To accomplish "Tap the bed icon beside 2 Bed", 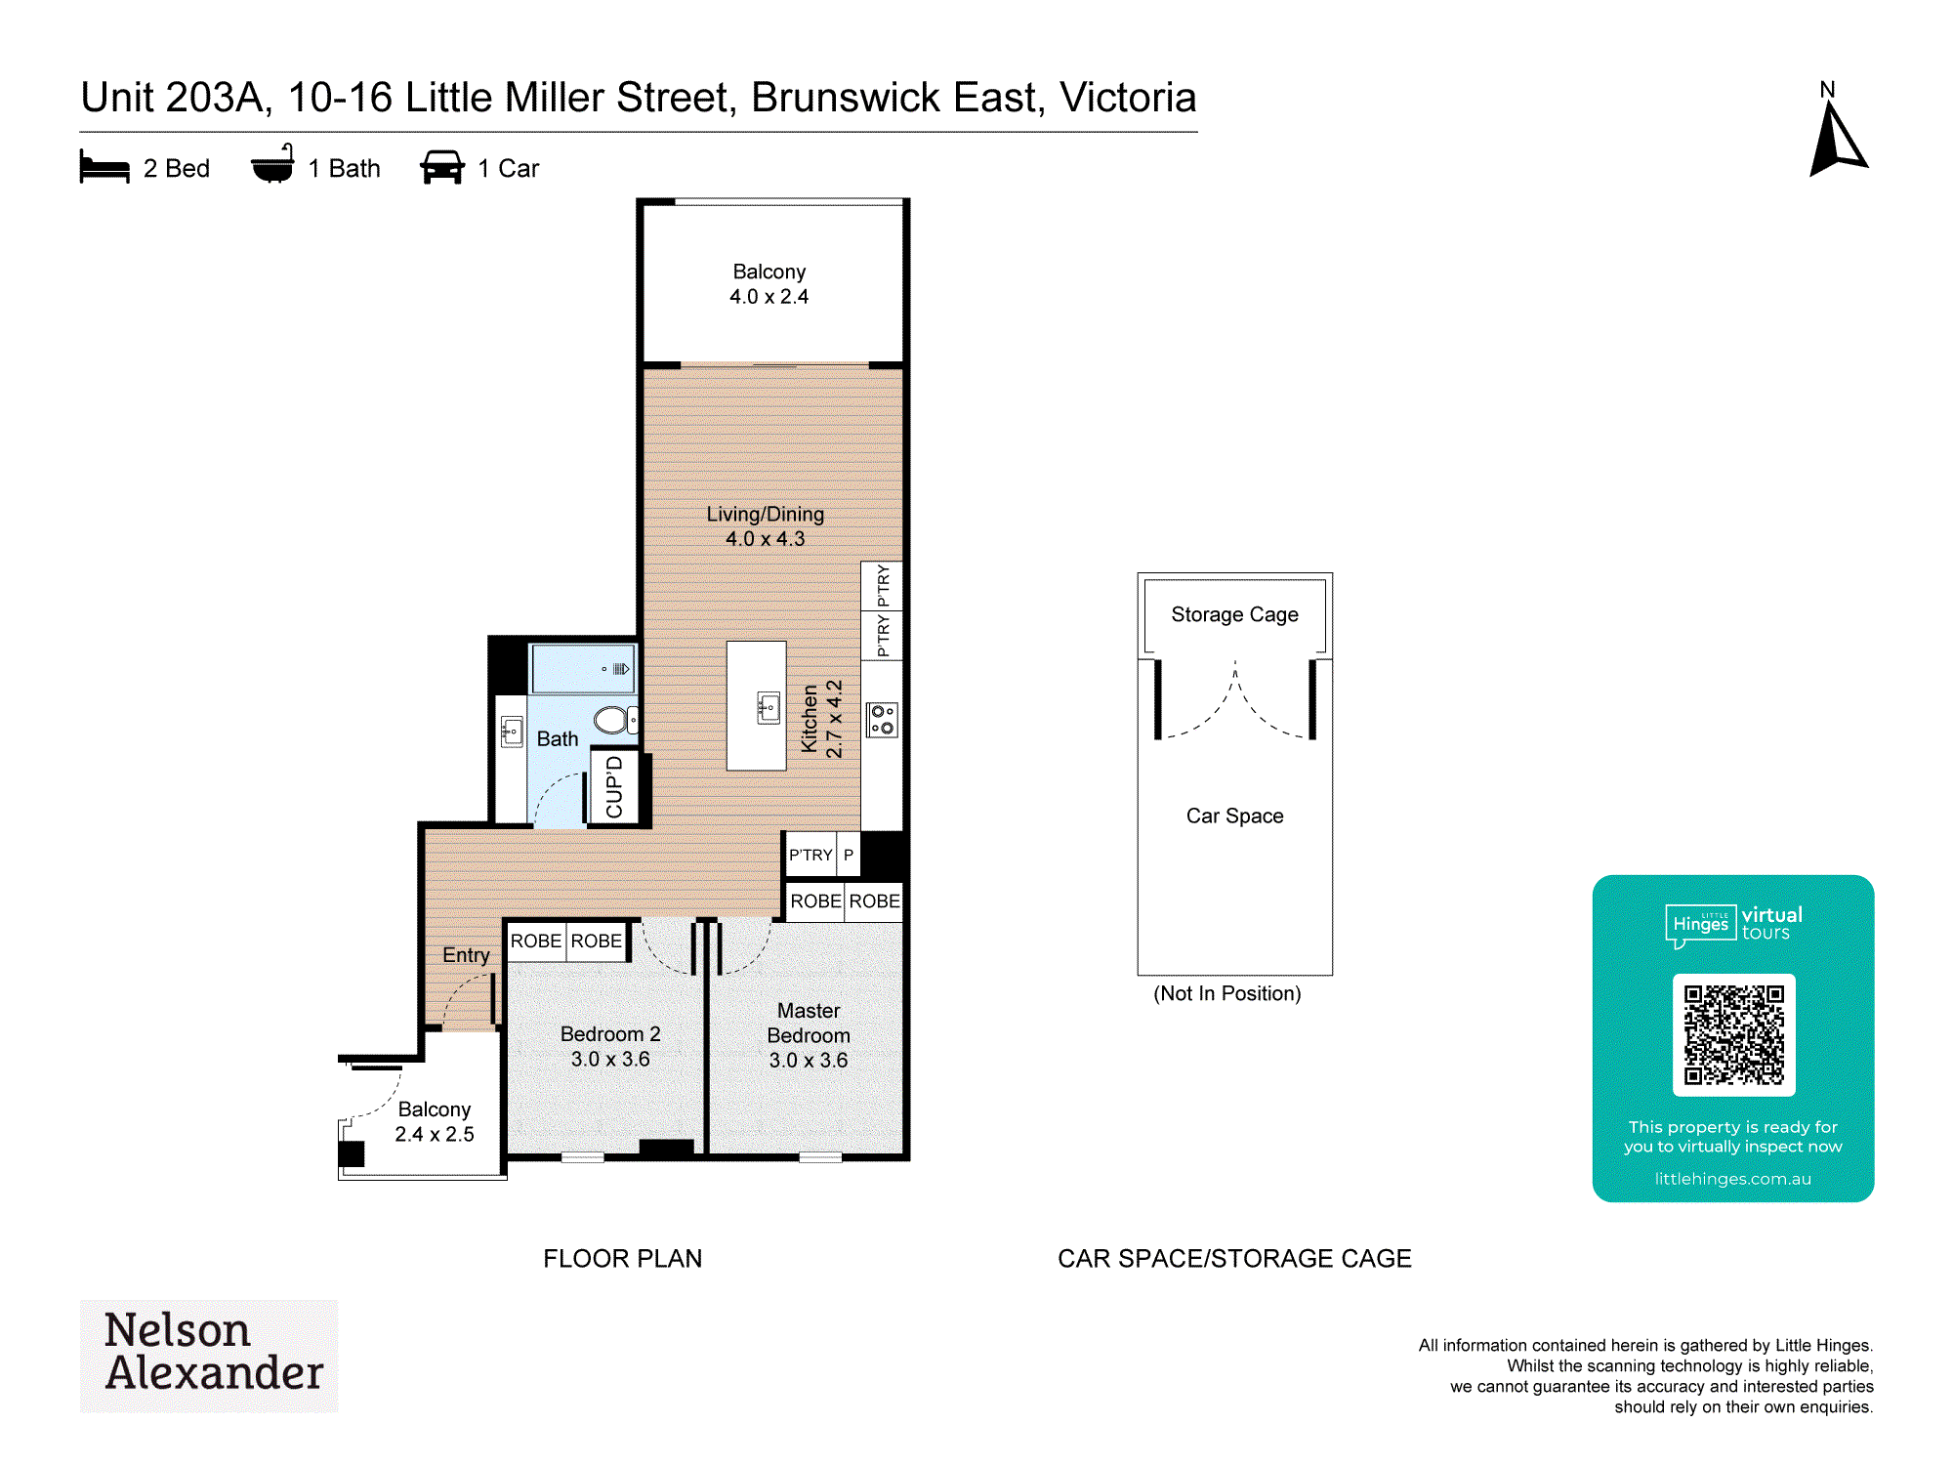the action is pyautogui.click(x=104, y=167).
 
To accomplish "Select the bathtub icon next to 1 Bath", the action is pyautogui.click(x=272, y=164).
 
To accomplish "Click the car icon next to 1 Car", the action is pyautogui.click(x=442, y=167).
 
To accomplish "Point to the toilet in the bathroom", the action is pyautogui.click(x=616, y=720).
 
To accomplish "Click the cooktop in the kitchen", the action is pyautogui.click(x=882, y=720).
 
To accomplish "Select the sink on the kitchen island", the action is pyautogui.click(x=769, y=707).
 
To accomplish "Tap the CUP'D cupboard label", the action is pyautogui.click(x=614, y=787).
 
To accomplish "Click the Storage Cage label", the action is pyautogui.click(x=1234, y=614).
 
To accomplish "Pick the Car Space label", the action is pyautogui.click(x=1234, y=816).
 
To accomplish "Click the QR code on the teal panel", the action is pyautogui.click(x=1733, y=1034).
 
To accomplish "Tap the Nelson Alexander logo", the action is pyautogui.click(x=209, y=1355).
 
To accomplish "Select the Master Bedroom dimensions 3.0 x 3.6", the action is pyautogui.click(x=808, y=1060).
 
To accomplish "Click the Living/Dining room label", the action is pyautogui.click(x=765, y=514).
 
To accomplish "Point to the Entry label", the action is pyautogui.click(x=466, y=955).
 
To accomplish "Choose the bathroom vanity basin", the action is pyautogui.click(x=512, y=732).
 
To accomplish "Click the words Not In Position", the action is pyautogui.click(x=1226, y=993).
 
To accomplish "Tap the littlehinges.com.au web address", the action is pyautogui.click(x=1732, y=1179).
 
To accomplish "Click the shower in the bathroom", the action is pyautogui.click(x=584, y=669).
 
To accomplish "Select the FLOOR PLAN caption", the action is pyautogui.click(x=622, y=1258).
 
